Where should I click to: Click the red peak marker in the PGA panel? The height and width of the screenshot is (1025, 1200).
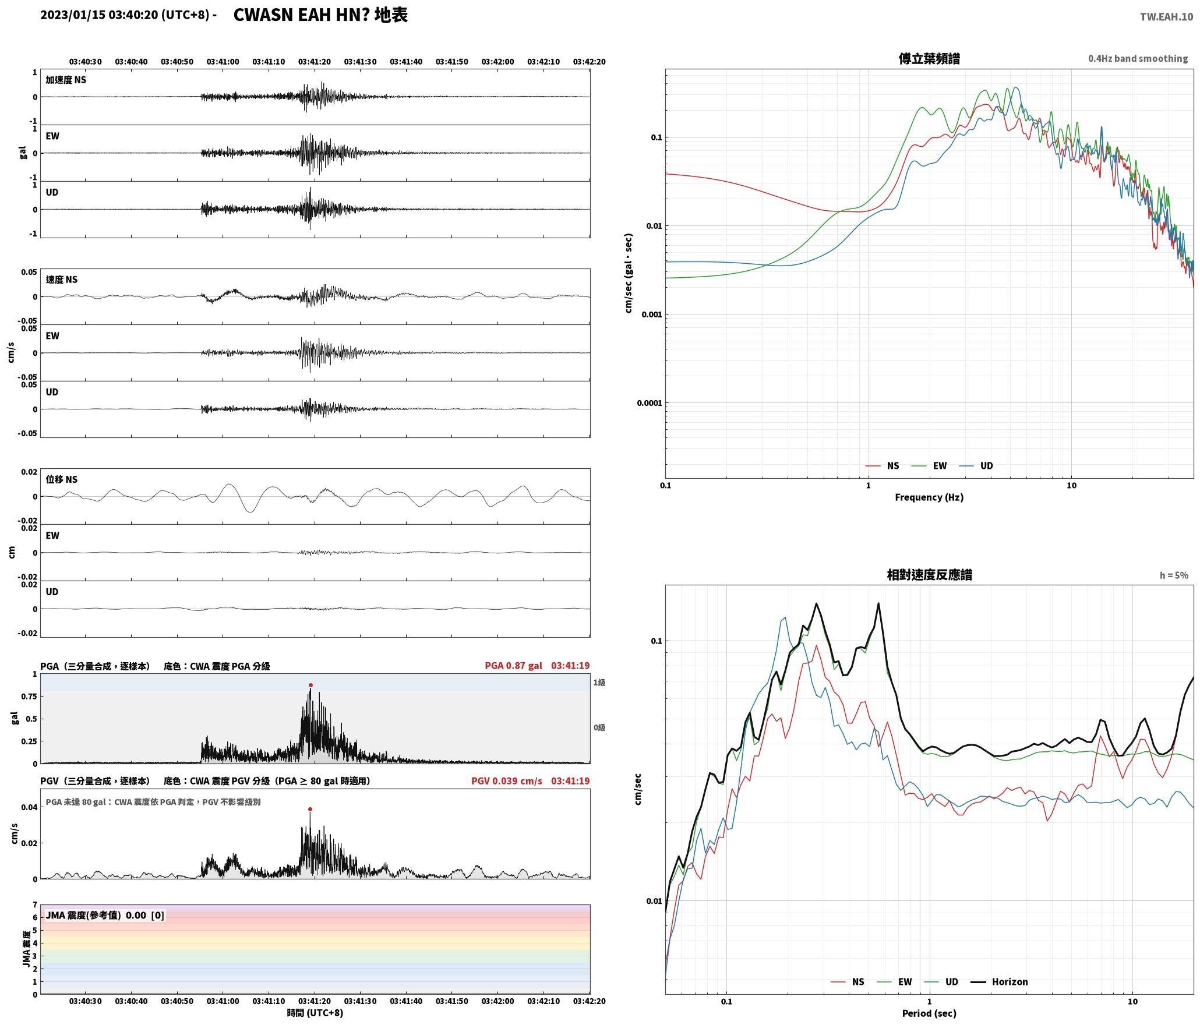pyautogui.click(x=310, y=685)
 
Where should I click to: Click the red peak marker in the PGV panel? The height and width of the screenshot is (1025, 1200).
pyautogui.click(x=310, y=809)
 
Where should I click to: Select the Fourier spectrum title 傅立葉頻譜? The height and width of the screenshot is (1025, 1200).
pyautogui.click(x=929, y=59)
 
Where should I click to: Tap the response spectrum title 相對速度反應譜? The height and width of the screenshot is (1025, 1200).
pyautogui.click(x=929, y=575)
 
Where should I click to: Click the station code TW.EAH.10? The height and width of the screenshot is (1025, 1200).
pyautogui.click(x=1166, y=17)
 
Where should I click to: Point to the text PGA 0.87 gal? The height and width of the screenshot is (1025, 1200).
pyautogui.click(x=513, y=665)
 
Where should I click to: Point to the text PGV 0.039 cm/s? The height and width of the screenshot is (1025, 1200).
pyautogui.click(x=506, y=780)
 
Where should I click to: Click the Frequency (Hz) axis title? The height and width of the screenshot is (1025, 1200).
pyautogui.click(x=929, y=497)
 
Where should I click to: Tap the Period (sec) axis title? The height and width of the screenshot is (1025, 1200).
pyautogui.click(x=929, y=1013)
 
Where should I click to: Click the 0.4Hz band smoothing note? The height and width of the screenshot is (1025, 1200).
pyautogui.click(x=1138, y=58)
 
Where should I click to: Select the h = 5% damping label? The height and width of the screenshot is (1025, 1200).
pyautogui.click(x=1174, y=575)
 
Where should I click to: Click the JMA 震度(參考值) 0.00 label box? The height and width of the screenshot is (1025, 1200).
pyautogui.click(x=105, y=915)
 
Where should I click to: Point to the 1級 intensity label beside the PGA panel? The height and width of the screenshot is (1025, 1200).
pyautogui.click(x=599, y=682)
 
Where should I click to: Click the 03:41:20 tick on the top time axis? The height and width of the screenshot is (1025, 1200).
pyautogui.click(x=315, y=61)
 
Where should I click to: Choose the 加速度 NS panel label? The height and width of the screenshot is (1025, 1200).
pyautogui.click(x=66, y=80)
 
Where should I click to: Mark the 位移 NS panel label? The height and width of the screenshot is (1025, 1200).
pyautogui.click(x=62, y=479)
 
